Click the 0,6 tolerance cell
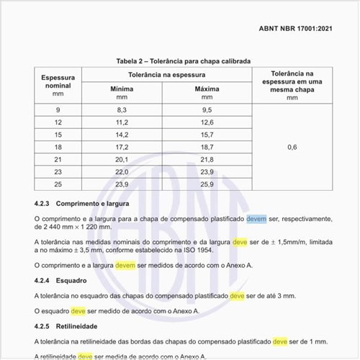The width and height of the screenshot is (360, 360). point(292,147)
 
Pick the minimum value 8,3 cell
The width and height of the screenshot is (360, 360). point(122,109)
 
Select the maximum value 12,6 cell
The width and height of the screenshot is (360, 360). point(207,122)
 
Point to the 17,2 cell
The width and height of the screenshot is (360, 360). point(122,147)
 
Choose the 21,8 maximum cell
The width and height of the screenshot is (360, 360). point(207,159)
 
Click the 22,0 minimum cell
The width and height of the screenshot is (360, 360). point(122,172)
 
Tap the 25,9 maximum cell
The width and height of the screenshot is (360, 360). point(207,184)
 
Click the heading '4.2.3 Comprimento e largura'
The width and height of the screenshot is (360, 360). point(71,204)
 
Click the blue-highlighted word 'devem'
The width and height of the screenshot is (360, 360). point(256,218)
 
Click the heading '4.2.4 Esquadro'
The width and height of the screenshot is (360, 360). point(60,280)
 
